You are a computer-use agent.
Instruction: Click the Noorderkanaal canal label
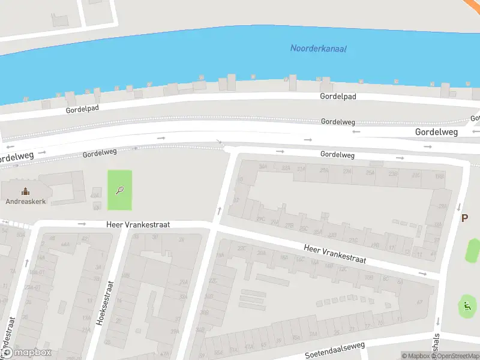(319, 49)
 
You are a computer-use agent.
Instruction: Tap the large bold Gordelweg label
(436, 131)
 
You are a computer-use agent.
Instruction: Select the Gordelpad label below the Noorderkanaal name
(338, 96)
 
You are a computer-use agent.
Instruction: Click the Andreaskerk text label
(25, 202)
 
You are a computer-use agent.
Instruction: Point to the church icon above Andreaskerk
(25, 191)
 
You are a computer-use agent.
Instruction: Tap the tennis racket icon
(119, 191)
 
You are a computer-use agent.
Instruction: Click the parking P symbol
(464, 218)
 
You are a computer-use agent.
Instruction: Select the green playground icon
(466, 307)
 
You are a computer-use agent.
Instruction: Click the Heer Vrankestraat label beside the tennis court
(138, 224)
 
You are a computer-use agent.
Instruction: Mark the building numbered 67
(420, 302)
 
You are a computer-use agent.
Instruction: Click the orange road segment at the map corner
(472, 4)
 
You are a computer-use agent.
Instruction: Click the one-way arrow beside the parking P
(458, 207)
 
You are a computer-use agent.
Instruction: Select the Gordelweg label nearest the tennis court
(100, 153)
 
